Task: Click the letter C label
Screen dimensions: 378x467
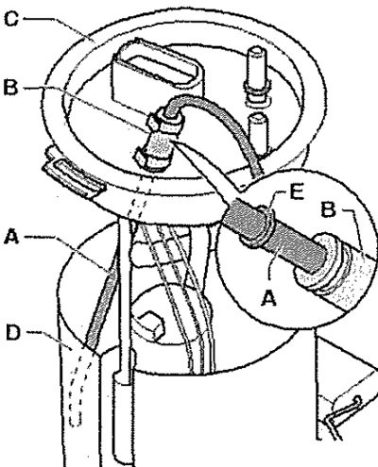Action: [11, 19]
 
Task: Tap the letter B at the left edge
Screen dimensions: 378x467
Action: [10, 87]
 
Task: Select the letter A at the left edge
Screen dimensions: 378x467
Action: [11, 237]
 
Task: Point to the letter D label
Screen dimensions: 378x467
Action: [14, 332]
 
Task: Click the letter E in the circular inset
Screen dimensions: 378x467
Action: [297, 192]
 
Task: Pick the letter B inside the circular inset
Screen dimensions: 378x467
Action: [329, 209]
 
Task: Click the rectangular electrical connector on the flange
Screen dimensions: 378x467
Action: [157, 74]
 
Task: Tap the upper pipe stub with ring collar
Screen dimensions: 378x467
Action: [258, 75]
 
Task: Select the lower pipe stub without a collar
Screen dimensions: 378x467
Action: [258, 132]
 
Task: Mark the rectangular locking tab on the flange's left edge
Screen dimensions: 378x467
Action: [75, 177]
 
